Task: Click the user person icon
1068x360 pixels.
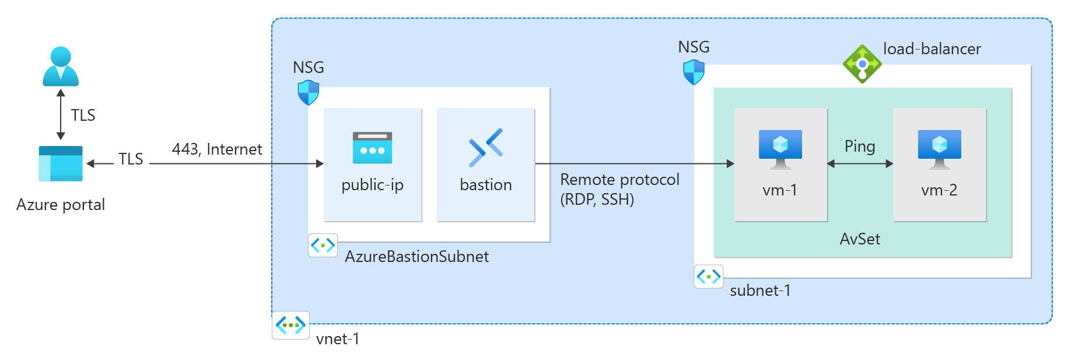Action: click(61, 67)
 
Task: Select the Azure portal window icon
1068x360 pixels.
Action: click(61, 163)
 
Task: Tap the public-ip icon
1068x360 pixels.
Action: click(372, 148)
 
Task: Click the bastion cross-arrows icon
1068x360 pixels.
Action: click(485, 147)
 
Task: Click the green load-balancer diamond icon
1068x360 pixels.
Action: click(862, 64)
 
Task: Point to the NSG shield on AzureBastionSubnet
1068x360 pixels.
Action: click(309, 92)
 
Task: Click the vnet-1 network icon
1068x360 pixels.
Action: click(290, 325)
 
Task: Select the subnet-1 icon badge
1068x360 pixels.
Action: click(709, 277)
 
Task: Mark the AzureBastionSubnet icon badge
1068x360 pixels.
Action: click(323, 246)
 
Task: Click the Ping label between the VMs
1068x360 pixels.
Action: click(860, 146)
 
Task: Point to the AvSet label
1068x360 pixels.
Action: click(860, 239)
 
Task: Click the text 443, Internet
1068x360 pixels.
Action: click(217, 149)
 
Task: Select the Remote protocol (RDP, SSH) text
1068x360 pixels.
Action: click(619, 189)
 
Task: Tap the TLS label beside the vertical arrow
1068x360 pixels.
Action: click(83, 116)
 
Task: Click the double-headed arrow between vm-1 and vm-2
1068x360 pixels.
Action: click(860, 164)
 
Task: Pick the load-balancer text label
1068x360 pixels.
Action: click(932, 49)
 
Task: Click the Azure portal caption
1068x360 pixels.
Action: click(61, 205)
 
